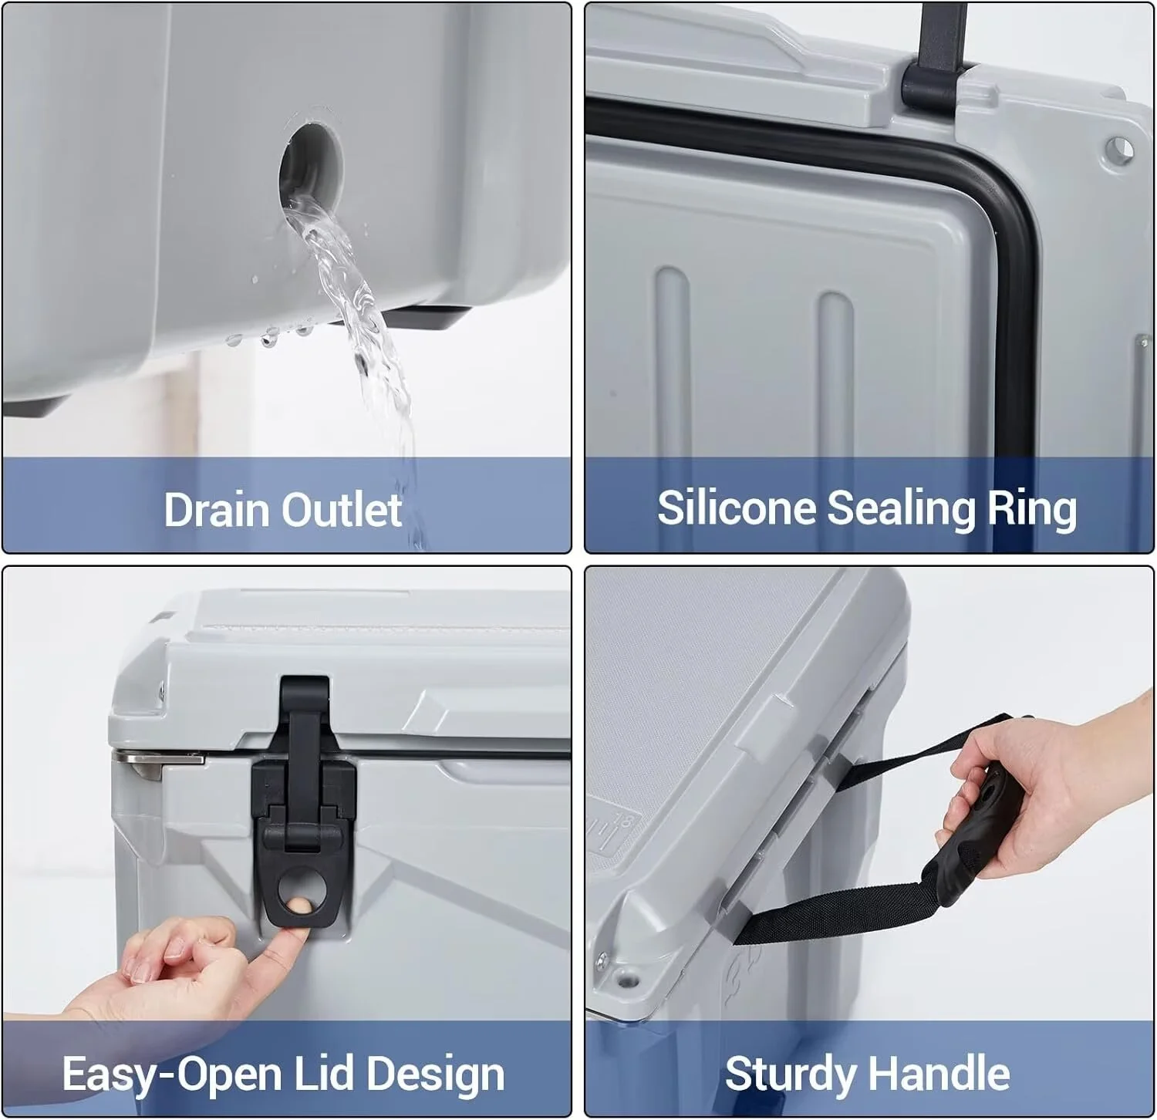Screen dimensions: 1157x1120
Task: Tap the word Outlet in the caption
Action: [342, 510]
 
